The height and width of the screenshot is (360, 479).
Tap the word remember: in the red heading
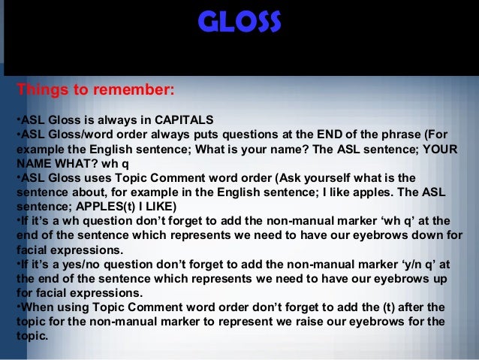click(x=134, y=91)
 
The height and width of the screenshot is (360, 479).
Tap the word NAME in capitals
click(x=33, y=162)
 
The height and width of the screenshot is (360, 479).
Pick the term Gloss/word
click(x=89, y=134)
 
